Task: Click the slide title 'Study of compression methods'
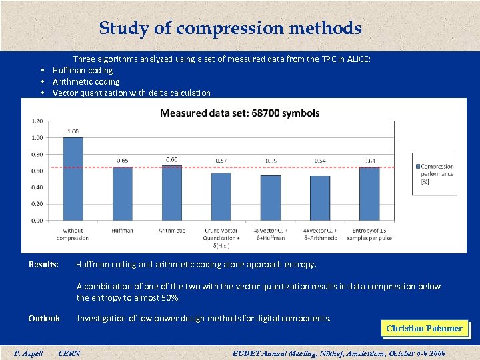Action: pos(230,29)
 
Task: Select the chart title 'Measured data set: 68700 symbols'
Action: pos(239,113)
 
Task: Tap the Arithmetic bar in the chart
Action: pos(172,193)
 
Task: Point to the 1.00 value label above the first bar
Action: pos(73,131)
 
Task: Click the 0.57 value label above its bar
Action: pos(221,161)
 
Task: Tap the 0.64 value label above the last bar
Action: pos(369,161)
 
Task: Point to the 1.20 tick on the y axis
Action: pos(37,121)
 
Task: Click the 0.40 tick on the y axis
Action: pos(37,187)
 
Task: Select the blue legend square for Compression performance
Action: pos(417,167)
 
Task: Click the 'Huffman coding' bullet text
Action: pos(83,71)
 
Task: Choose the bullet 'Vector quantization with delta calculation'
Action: pos(131,93)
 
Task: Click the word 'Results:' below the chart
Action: pos(43,265)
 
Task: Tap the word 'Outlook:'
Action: pos(45,319)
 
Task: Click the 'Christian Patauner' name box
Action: pos(424,329)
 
